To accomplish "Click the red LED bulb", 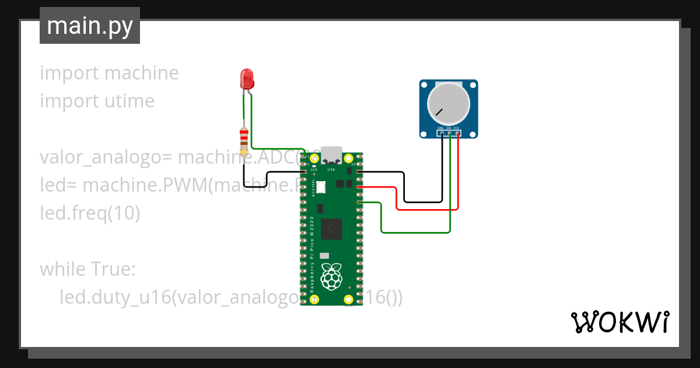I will coord(247,78).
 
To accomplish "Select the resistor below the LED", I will coord(244,138).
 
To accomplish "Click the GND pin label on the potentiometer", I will coord(441,127).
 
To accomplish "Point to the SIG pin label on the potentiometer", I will coord(449,127).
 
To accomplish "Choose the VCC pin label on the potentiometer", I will coord(456,127).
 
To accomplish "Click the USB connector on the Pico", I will coord(331,154).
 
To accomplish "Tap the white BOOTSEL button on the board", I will coord(321,188).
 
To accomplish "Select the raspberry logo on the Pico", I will coord(332,276).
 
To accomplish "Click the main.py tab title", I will coord(89,26).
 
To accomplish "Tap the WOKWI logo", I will coord(619,322).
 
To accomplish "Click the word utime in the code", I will coord(126,101).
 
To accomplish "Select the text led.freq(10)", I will coord(90,213).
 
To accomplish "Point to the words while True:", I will coord(87,269).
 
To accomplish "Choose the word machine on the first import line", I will coord(141,73).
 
